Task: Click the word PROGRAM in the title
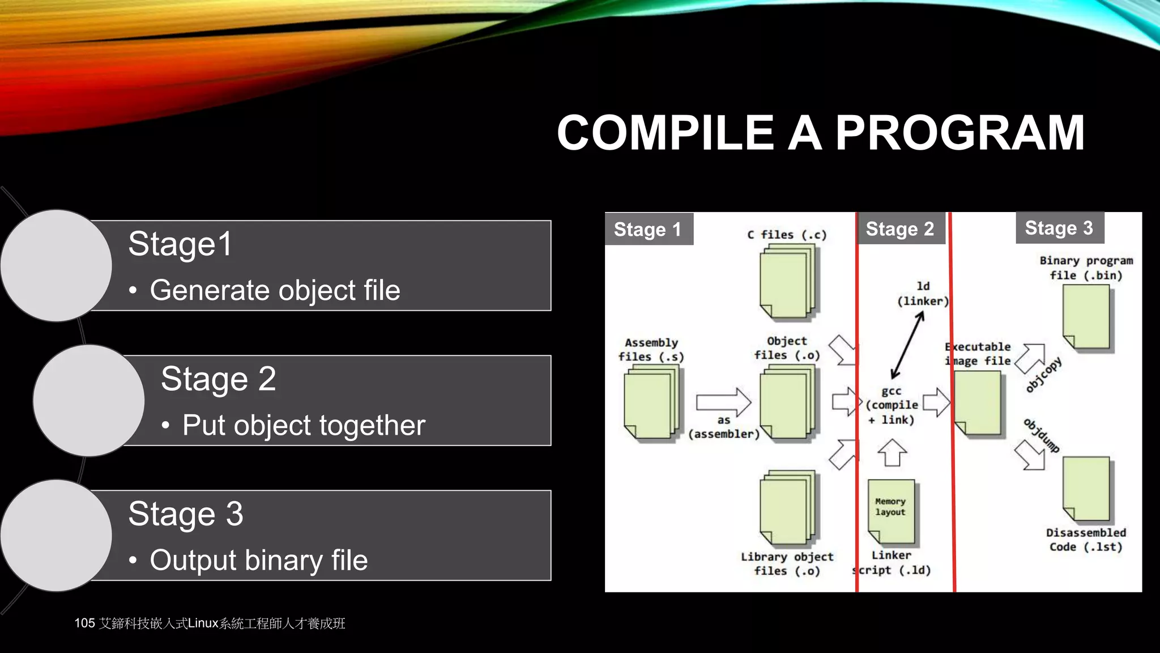tap(959, 133)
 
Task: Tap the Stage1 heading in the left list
tap(180, 244)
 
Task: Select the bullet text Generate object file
tap(275, 290)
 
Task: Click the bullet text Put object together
tap(304, 425)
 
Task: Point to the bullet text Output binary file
tap(259, 560)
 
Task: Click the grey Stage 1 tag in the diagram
tap(648, 229)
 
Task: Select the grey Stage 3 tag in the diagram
tap(1059, 227)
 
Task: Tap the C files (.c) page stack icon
tap(787, 282)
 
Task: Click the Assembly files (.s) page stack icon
tap(651, 402)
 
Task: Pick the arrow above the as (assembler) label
tap(723, 402)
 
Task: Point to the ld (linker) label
tap(923, 294)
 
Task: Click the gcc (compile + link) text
tap(892, 405)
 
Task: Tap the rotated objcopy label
tap(1043, 375)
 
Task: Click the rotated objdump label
tap(1041, 435)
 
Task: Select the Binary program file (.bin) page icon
tap(1086, 317)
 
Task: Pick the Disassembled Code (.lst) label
tap(1085, 540)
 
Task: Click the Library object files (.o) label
tap(787, 563)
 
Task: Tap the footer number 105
tap(84, 623)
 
